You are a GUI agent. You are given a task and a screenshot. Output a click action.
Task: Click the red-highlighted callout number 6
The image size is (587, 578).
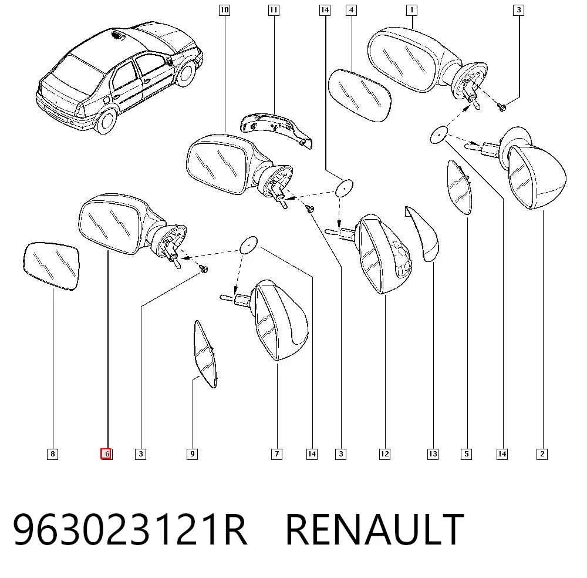pyautogui.click(x=106, y=453)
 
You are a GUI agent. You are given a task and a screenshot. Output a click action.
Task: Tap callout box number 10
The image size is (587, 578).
pyautogui.click(x=224, y=10)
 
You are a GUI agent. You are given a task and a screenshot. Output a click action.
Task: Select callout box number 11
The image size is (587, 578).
pyautogui.click(x=274, y=10)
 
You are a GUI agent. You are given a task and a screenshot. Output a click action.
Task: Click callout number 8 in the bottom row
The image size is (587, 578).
pyautogui.click(x=52, y=454)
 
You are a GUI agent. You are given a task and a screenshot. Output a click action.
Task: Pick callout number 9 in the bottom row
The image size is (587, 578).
pyautogui.click(x=192, y=454)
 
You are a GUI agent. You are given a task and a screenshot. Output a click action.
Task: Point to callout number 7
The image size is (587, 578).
pyautogui.click(x=276, y=454)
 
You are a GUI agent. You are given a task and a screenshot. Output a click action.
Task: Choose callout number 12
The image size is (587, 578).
pyautogui.click(x=384, y=454)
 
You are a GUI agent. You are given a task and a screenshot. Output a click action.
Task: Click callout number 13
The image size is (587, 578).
pyautogui.click(x=433, y=454)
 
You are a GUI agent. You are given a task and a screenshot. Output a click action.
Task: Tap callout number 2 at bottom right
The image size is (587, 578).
pyautogui.click(x=542, y=454)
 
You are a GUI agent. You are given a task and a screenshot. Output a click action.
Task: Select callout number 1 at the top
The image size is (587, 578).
pyautogui.click(x=412, y=10)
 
